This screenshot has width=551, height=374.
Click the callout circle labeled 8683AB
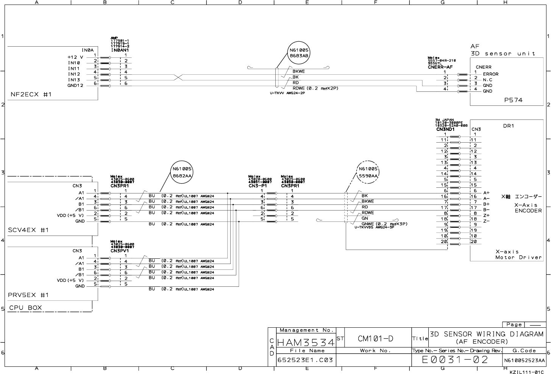299,53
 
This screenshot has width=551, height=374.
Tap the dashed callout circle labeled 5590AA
368,173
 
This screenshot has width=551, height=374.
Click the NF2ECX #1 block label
31,94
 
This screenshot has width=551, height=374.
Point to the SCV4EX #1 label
28,230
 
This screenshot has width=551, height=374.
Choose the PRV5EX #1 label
28,295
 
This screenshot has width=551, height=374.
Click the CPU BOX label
25,308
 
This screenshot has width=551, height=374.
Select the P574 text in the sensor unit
513,100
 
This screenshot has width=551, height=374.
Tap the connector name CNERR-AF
440,67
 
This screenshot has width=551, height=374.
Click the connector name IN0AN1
120,50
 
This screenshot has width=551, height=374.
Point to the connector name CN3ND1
445,129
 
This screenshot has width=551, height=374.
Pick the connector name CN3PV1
120,251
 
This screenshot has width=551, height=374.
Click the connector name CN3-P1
258,186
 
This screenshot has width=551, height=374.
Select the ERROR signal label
490,74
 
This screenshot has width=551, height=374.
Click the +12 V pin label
75,57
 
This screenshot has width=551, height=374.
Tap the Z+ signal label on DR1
487,215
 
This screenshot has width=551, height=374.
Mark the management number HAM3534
306,343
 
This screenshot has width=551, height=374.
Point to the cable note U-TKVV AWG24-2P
287,93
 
